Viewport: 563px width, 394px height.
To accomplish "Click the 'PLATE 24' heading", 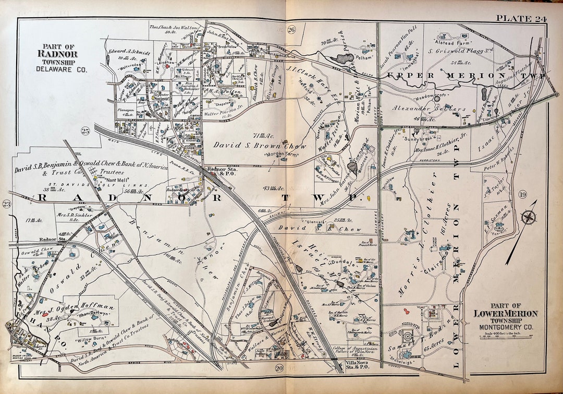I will pos(521,19).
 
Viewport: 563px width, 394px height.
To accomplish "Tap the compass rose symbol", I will pos(529,217).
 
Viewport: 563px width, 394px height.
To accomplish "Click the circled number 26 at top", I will pos(291,30).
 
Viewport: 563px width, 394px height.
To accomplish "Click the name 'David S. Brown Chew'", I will pos(252,147).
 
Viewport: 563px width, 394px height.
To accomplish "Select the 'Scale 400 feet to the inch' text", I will pos(504,333).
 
